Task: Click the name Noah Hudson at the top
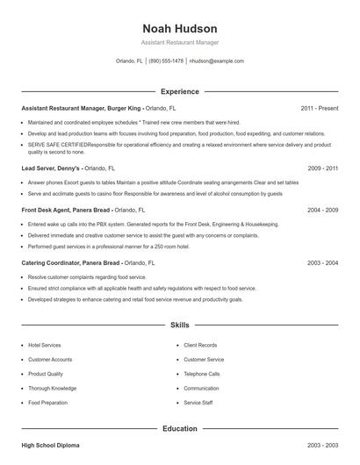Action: click(x=179, y=28)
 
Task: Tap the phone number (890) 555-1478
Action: click(x=166, y=61)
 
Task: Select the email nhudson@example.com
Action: click(x=216, y=61)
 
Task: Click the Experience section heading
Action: click(x=179, y=91)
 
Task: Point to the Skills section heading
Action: click(x=179, y=325)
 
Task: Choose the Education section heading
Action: click(x=179, y=428)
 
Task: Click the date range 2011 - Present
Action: click(x=319, y=108)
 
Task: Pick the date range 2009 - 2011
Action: click(x=322, y=168)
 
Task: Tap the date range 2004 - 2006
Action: click(x=322, y=211)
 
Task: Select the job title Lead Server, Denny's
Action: click(x=51, y=168)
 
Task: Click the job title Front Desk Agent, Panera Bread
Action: click(x=66, y=211)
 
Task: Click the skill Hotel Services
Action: click(x=45, y=345)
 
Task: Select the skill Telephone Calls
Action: click(x=202, y=374)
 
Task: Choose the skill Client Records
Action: click(x=201, y=345)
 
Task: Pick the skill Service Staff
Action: click(x=198, y=403)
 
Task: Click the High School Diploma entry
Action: click(x=50, y=446)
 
